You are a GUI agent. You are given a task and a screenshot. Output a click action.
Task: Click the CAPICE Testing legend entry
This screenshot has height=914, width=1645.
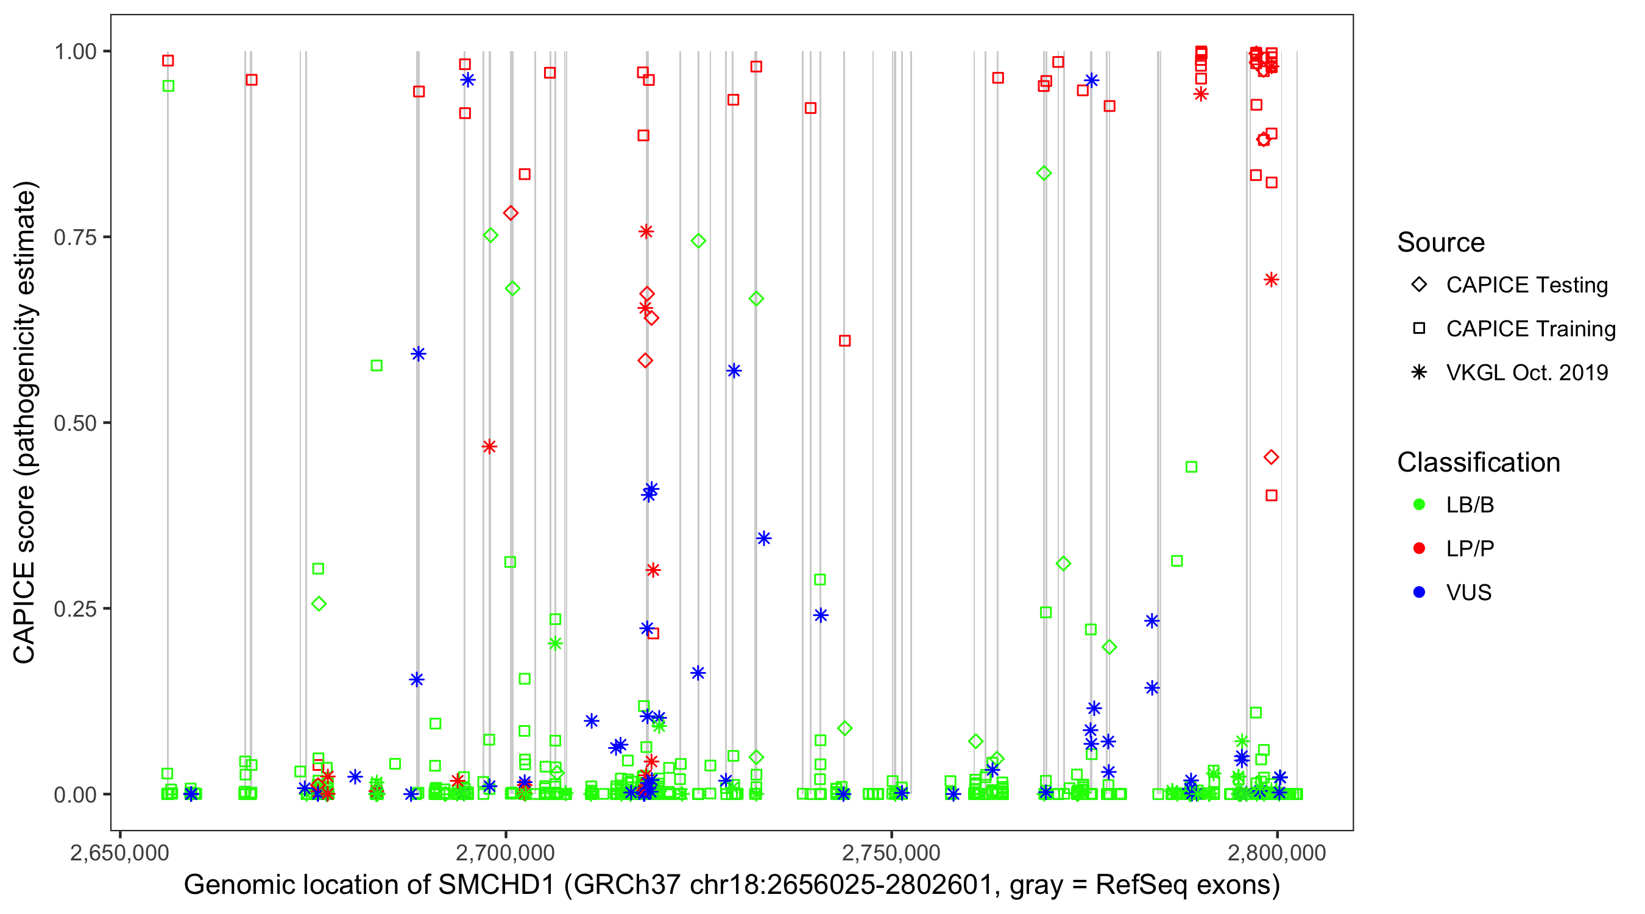(x=1526, y=285)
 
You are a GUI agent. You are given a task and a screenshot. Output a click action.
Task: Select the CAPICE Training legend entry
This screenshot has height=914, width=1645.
(x=1530, y=329)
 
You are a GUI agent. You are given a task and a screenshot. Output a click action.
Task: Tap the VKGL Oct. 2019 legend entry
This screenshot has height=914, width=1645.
(x=1526, y=372)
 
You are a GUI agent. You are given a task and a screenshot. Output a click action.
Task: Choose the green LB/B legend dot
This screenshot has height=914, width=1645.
(x=1419, y=505)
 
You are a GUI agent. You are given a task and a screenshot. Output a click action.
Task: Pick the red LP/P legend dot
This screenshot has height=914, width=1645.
(x=1419, y=548)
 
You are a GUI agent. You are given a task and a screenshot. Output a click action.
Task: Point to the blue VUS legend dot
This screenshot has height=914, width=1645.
(x=1419, y=592)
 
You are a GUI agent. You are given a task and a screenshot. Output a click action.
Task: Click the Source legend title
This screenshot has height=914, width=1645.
(x=1441, y=243)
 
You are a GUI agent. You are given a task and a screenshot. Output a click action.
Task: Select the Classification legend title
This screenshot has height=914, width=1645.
(x=1478, y=462)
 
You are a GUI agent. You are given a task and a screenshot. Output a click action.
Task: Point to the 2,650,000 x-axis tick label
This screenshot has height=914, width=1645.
(x=120, y=852)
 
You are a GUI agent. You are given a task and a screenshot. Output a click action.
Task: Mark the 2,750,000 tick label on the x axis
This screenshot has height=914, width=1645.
(x=891, y=852)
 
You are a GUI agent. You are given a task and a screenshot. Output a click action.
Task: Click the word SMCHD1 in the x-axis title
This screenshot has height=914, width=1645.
(x=496, y=885)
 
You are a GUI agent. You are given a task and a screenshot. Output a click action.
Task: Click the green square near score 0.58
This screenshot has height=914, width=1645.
(x=377, y=366)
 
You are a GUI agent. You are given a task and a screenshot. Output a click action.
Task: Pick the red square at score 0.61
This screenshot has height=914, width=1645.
(x=844, y=341)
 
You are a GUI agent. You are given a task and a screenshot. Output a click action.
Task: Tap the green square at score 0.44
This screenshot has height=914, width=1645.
(x=1191, y=467)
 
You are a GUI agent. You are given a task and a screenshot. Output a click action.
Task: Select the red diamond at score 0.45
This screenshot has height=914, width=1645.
(x=1271, y=458)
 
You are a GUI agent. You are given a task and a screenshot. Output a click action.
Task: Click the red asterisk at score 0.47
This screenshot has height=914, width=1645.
(x=489, y=447)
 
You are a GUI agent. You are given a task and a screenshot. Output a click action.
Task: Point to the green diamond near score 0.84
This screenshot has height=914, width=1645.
(x=1044, y=173)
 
